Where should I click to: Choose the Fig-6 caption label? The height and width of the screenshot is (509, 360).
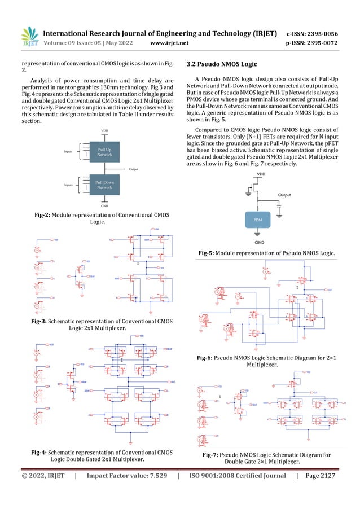coord(208,358)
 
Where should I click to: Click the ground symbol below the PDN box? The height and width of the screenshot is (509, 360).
coord(257,233)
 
